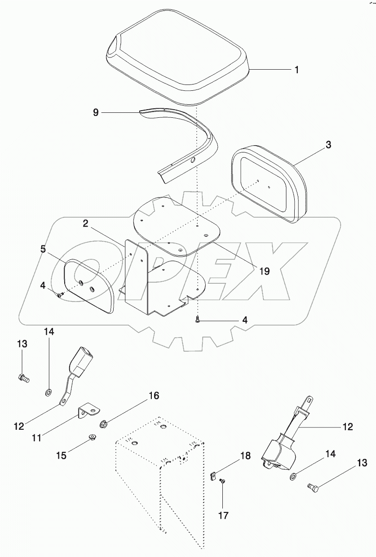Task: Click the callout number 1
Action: coord(296,70)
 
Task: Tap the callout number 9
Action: coord(96,112)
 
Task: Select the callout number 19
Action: coord(265,271)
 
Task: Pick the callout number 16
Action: coord(154,396)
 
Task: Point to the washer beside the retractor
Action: coord(293,476)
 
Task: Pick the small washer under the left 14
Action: coord(48,393)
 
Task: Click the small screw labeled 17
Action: coord(222,482)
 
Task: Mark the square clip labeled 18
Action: coord(213,474)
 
